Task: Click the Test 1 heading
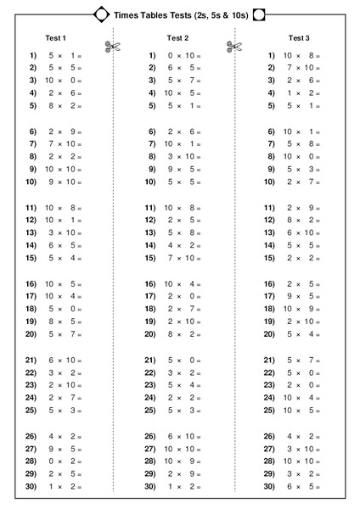(x=56, y=38)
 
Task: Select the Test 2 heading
(x=177, y=38)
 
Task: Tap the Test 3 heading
(x=299, y=38)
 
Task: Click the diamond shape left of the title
(x=100, y=13)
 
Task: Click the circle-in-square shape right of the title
(x=260, y=13)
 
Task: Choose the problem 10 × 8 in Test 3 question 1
(x=303, y=55)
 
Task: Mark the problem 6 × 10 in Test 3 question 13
(x=303, y=232)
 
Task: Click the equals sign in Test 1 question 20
(x=79, y=334)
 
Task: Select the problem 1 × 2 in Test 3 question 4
(x=303, y=93)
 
